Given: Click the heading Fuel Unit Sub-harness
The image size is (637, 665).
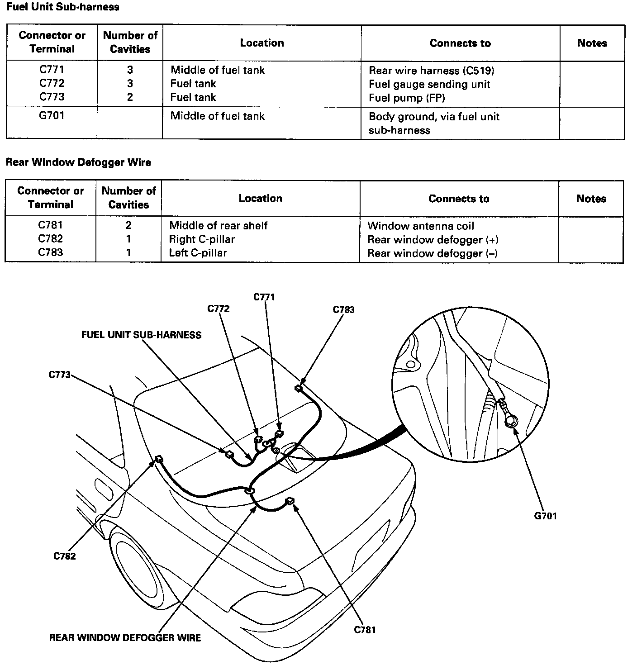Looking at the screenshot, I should point(63,7).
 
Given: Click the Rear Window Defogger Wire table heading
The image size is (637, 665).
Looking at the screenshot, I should point(78,162).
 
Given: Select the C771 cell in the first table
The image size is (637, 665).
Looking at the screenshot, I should point(52,70).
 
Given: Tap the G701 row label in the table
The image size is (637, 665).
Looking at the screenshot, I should point(52,116).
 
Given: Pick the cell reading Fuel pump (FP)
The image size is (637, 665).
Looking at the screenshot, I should point(407,98).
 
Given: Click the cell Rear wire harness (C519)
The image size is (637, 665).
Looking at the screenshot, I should point(431,71).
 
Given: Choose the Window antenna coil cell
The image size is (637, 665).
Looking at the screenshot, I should point(421,226).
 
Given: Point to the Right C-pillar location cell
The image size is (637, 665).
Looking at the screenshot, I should point(202,239).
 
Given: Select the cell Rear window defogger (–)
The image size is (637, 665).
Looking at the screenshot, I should point(433,253).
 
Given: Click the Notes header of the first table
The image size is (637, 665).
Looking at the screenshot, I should point(592,43).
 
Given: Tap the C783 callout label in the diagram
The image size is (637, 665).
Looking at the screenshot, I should point(344,310).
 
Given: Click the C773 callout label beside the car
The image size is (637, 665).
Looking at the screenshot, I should point(60,375).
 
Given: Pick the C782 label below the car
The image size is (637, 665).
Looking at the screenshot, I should point(65,556).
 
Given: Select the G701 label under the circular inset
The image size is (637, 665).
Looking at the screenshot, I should point(545,516).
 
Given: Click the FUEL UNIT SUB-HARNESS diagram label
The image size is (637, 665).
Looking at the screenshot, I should point(141,335).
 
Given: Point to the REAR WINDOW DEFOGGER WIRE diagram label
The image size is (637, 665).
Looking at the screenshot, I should point(125,637).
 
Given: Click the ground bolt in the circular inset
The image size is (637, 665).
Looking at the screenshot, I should point(511,422).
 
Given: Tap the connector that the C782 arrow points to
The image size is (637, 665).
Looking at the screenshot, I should point(159,459).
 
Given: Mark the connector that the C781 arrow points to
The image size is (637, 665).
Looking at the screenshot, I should point(290,500).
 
